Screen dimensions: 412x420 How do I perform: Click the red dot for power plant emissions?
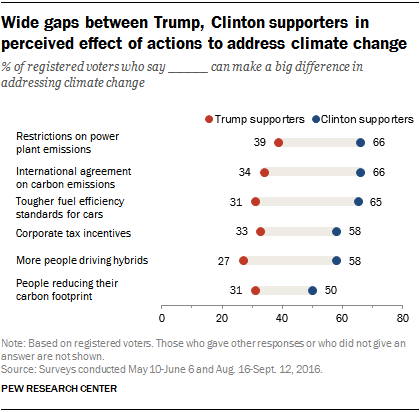click(x=278, y=143)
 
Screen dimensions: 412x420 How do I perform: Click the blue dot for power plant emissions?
click(x=360, y=143)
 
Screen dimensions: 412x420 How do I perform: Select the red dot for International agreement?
click(x=264, y=172)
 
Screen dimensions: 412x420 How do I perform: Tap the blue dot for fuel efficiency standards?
click(x=358, y=201)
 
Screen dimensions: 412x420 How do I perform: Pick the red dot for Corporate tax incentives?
click(x=261, y=231)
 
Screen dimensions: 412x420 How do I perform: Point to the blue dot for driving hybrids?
click(x=337, y=260)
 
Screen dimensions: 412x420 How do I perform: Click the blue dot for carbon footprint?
click(x=313, y=290)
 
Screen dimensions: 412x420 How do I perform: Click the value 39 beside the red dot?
click(x=261, y=143)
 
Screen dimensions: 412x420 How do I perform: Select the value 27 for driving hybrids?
click(x=225, y=260)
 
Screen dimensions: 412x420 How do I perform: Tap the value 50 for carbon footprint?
click(x=331, y=290)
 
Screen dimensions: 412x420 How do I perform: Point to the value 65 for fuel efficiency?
click(x=377, y=201)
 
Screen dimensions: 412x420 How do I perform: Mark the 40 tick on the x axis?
click(x=282, y=319)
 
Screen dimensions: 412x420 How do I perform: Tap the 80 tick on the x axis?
click(x=402, y=319)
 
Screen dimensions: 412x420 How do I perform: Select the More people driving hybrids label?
click(x=75, y=260)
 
